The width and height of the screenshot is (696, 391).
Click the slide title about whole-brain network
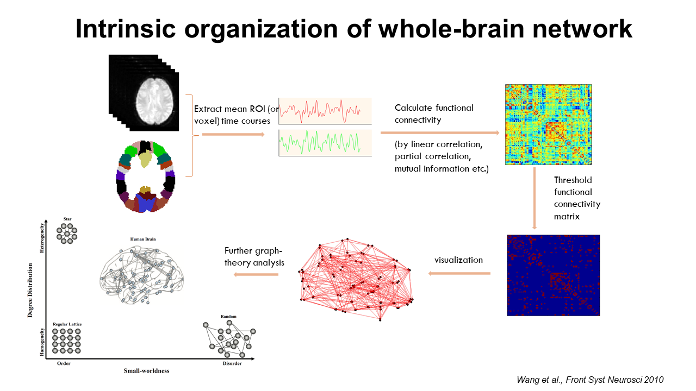354,29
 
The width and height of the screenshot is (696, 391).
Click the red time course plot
325,111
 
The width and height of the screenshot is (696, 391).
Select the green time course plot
325,143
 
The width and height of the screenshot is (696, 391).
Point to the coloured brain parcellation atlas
146,177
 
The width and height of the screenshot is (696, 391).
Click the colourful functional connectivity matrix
548,124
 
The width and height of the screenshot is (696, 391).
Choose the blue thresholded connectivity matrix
553,275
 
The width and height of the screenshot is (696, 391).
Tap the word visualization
458,260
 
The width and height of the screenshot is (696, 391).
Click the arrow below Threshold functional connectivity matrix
535,198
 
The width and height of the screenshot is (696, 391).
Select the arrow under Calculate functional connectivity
439,133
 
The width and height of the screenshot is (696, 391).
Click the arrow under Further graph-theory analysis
256,274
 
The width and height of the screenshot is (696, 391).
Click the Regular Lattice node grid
67,341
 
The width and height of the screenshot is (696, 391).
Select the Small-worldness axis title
146,371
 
